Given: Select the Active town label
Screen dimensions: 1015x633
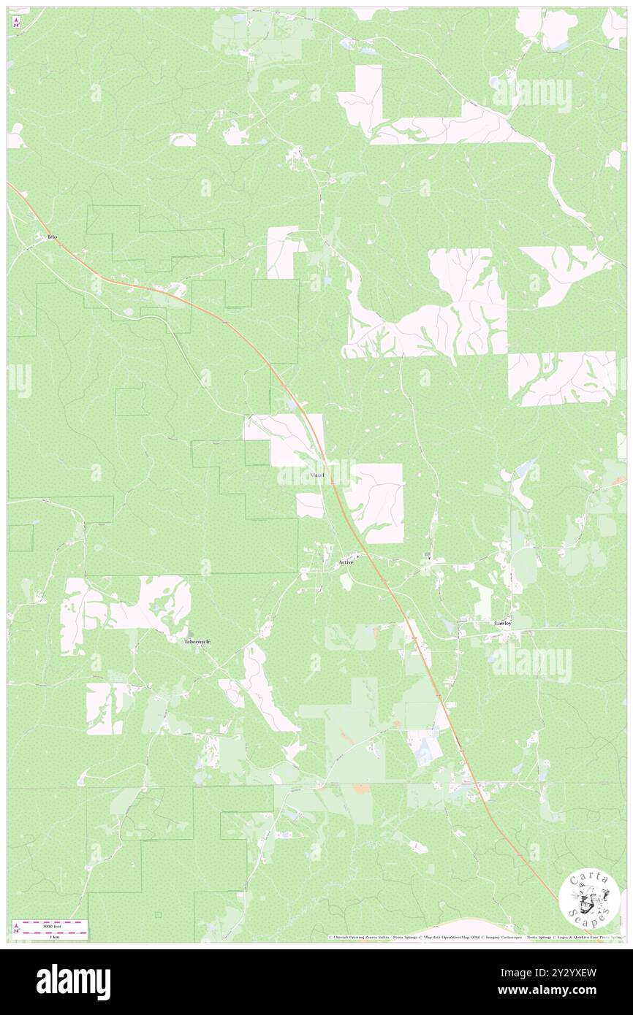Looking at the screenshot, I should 346,562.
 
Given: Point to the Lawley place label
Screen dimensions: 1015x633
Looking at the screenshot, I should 503,623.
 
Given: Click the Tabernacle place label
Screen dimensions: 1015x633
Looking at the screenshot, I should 197,641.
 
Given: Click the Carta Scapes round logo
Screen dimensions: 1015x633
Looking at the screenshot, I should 589,900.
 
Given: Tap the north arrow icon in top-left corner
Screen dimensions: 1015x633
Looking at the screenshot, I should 16,23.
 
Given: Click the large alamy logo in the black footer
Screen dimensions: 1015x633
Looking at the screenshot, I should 73,982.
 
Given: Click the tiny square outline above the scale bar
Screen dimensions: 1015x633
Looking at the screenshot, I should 158,913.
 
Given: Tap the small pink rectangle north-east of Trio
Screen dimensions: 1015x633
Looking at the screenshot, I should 183,139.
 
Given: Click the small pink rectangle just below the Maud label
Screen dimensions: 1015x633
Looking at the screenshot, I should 310,505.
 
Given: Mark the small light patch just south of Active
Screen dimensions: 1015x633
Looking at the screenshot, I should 346,581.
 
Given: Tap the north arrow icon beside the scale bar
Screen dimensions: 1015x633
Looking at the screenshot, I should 16,928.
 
